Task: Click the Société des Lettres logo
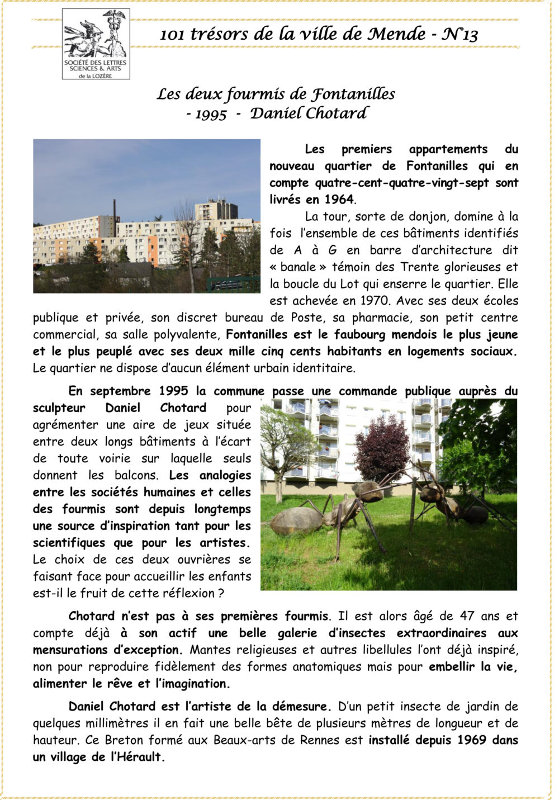pos(96,44)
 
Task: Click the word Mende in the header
pos(396,35)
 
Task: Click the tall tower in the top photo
pos(215,210)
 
